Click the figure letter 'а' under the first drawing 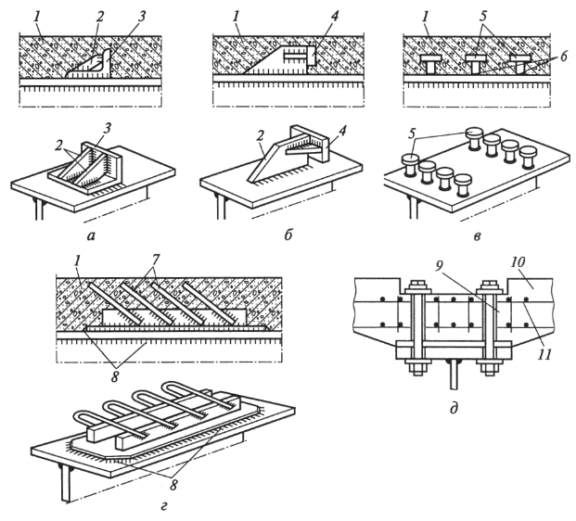tap(91, 236)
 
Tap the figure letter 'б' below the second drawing tap(288, 235)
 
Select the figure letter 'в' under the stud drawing tap(477, 236)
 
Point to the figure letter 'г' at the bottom tap(164, 507)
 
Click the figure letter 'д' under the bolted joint tap(454, 408)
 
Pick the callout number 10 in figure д tap(518, 262)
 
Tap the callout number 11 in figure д tap(544, 354)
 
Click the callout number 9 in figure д tap(437, 267)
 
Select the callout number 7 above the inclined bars tap(155, 260)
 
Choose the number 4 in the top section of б tap(334, 17)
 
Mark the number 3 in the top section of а tap(142, 17)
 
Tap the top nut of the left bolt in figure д tap(417, 286)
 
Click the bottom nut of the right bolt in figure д tap(489, 368)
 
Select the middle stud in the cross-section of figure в tap(475, 64)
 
